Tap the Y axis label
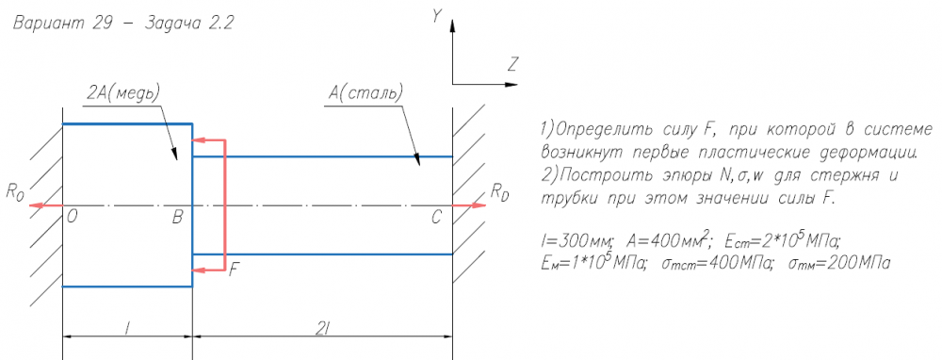(x=437, y=17)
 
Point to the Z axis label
(x=512, y=64)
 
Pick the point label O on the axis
(x=73, y=218)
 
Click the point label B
(x=177, y=218)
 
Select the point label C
(x=437, y=218)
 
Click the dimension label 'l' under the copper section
(x=127, y=327)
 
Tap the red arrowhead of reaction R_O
(x=36, y=205)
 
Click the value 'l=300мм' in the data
(x=577, y=242)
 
